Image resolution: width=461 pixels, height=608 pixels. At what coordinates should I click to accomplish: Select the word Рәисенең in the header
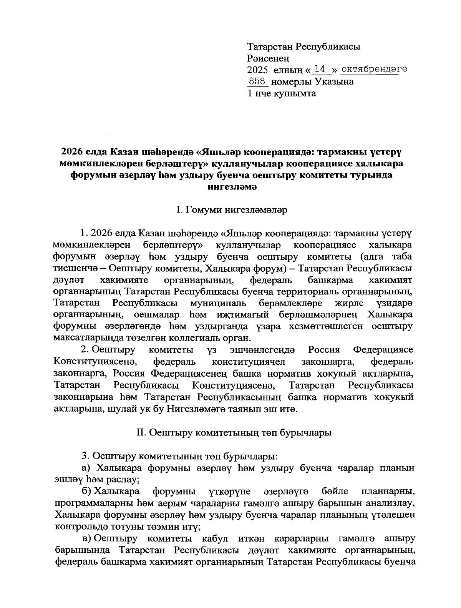pos(268,58)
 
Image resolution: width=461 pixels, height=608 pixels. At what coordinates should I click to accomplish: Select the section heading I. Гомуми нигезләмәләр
pos(231,210)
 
